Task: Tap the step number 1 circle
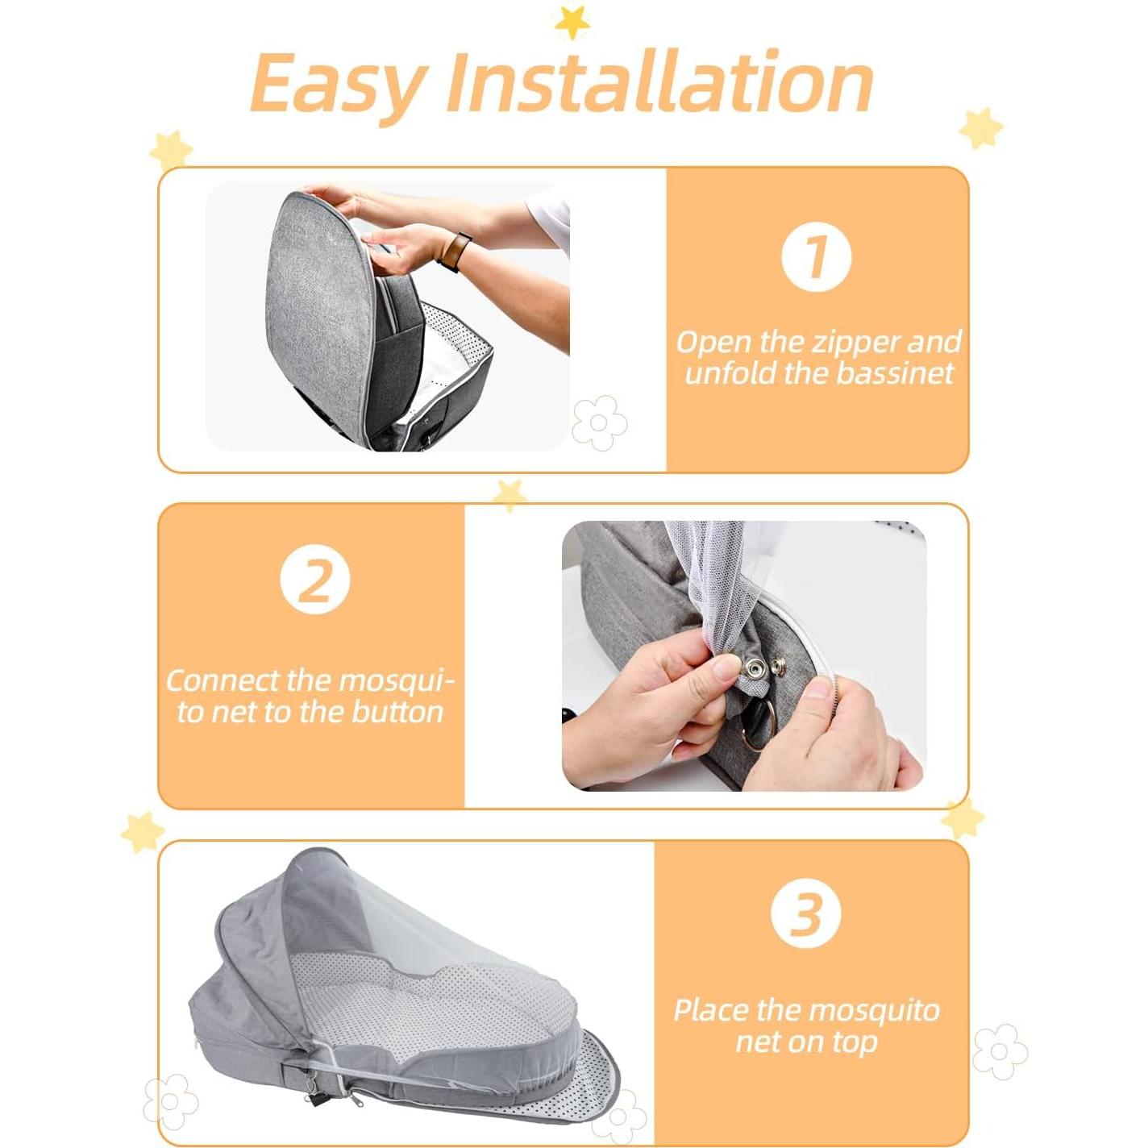point(816,256)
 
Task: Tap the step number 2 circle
point(314,580)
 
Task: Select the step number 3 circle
point(805,913)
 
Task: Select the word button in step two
point(396,713)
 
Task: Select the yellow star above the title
point(572,22)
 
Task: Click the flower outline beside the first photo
point(599,422)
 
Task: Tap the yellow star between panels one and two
point(510,493)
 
